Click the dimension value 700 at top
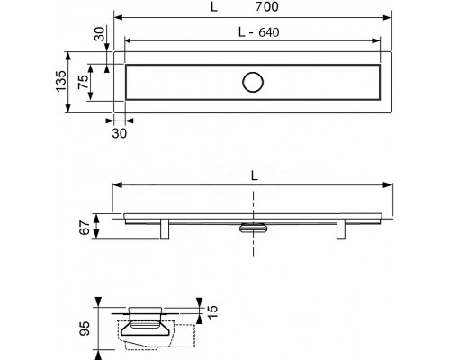(x=267, y=6)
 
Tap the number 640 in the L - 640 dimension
(x=269, y=32)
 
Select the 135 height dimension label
(x=61, y=81)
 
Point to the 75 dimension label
(x=84, y=81)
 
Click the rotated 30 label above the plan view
(x=100, y=34)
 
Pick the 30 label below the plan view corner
(x=120, y=133)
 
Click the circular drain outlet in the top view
(x=253, y=82)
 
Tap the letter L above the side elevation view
(x=255, y=176)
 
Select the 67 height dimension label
(x=85, y=228)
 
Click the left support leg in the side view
(x=165, y=229)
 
